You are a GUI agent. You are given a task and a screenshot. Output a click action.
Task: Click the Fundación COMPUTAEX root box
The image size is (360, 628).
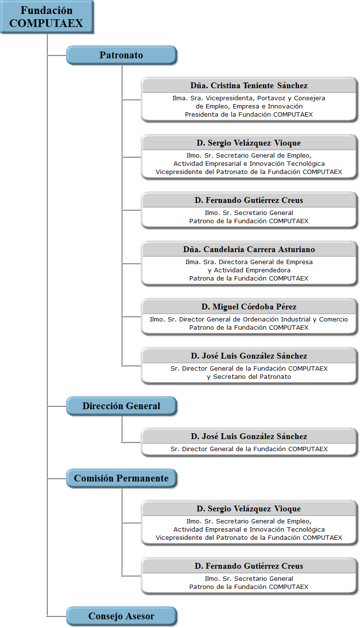(47, 17)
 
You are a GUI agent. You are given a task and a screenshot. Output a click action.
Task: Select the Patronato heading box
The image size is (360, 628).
(121, 55)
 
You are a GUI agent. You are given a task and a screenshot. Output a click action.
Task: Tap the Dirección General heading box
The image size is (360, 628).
(121, 406)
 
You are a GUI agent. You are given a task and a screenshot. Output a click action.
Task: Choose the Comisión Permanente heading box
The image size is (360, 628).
(121, 478)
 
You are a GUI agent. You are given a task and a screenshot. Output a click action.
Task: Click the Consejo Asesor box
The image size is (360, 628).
(121, 616)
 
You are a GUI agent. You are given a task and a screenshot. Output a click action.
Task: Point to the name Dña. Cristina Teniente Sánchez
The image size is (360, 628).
(249, 85)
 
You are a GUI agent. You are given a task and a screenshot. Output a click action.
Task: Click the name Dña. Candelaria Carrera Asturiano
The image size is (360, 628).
(249, 250)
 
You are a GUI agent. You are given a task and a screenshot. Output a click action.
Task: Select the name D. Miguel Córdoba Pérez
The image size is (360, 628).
(249, 307)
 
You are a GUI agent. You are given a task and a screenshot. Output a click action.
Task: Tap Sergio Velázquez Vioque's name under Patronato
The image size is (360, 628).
(249, 143)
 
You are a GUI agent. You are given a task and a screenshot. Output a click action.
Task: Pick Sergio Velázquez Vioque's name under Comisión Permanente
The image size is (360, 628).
(249, 509)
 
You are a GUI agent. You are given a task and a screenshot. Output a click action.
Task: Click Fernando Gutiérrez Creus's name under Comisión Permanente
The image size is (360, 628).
(249, 566)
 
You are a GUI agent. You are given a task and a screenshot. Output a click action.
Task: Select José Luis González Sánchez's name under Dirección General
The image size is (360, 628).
(249, 437)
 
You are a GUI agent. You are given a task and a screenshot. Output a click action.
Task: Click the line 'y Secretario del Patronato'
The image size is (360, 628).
(249, 377)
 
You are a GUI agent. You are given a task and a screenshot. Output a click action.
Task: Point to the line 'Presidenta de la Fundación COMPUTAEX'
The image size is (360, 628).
(249, 114)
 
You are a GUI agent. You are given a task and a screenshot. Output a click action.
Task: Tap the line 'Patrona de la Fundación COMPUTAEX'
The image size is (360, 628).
(249, 279)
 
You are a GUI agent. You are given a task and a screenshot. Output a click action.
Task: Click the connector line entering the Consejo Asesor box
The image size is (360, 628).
(57, 616)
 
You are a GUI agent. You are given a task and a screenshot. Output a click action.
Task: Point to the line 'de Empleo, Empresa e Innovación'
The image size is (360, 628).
(249, 107)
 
